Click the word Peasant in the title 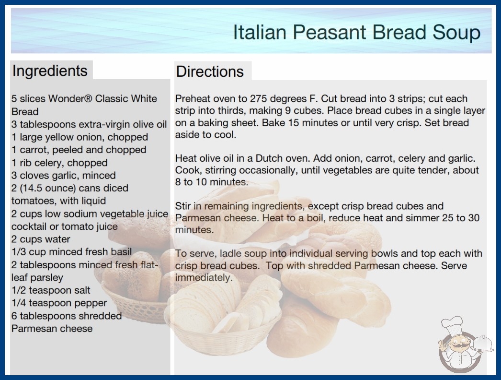[x=330, y=32]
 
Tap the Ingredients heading [x=50, y=71]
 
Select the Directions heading [x=210, y=71]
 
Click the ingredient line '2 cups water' [x=41, y=239]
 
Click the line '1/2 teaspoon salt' [x=51, y=290]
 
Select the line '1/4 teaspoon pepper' [x=59, y=303]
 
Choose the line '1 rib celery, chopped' [x=59, y=163]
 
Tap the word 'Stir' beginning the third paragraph [x=183, y=206]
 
